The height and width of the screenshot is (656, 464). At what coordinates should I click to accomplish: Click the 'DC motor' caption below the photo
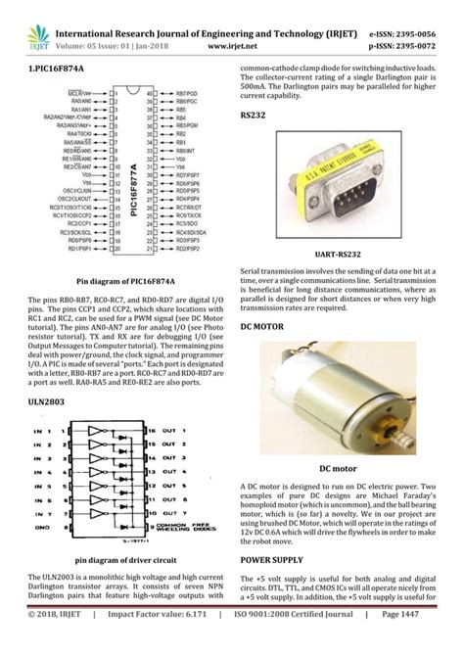click(347, 468)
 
